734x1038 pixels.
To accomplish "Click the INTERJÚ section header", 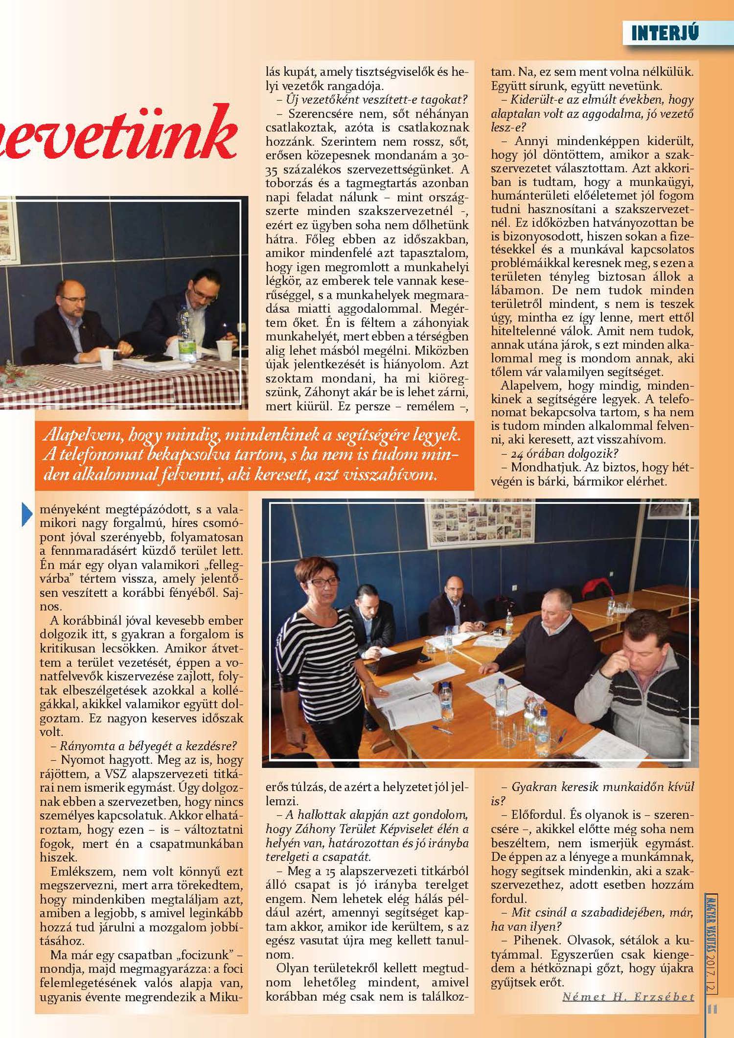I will coord(665,33).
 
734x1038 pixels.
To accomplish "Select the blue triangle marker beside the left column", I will coord(27,514).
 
